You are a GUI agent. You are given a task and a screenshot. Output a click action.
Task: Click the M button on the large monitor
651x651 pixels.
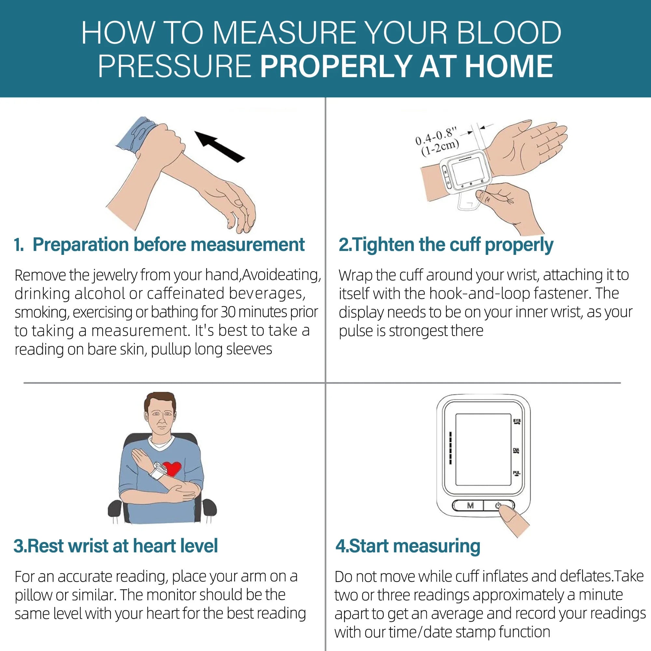470,506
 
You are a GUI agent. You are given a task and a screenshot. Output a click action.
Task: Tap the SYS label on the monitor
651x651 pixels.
517,422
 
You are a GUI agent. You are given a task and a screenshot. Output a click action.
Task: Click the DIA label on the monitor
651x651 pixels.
516,450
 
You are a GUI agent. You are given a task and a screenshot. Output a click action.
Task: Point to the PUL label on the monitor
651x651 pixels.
516,473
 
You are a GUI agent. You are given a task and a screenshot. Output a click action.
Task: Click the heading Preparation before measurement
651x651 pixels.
168,245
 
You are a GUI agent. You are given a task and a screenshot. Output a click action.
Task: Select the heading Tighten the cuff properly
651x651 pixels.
451,245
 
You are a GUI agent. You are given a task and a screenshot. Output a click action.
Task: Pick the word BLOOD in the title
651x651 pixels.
509,33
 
